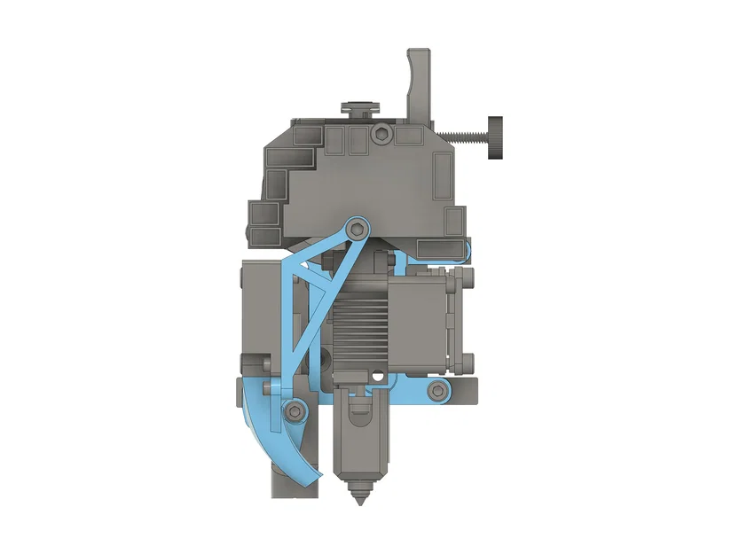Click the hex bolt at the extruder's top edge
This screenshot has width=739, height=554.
tap(381, 134)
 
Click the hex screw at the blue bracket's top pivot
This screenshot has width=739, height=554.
tap(357, 227)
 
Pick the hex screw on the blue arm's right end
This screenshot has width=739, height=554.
tap(436, 390)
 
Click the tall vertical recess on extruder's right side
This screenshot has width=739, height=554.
tap(441, 176)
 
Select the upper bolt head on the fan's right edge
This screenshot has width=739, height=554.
tap(468, 280)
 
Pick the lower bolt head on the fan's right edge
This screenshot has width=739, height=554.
tap(468, 361)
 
